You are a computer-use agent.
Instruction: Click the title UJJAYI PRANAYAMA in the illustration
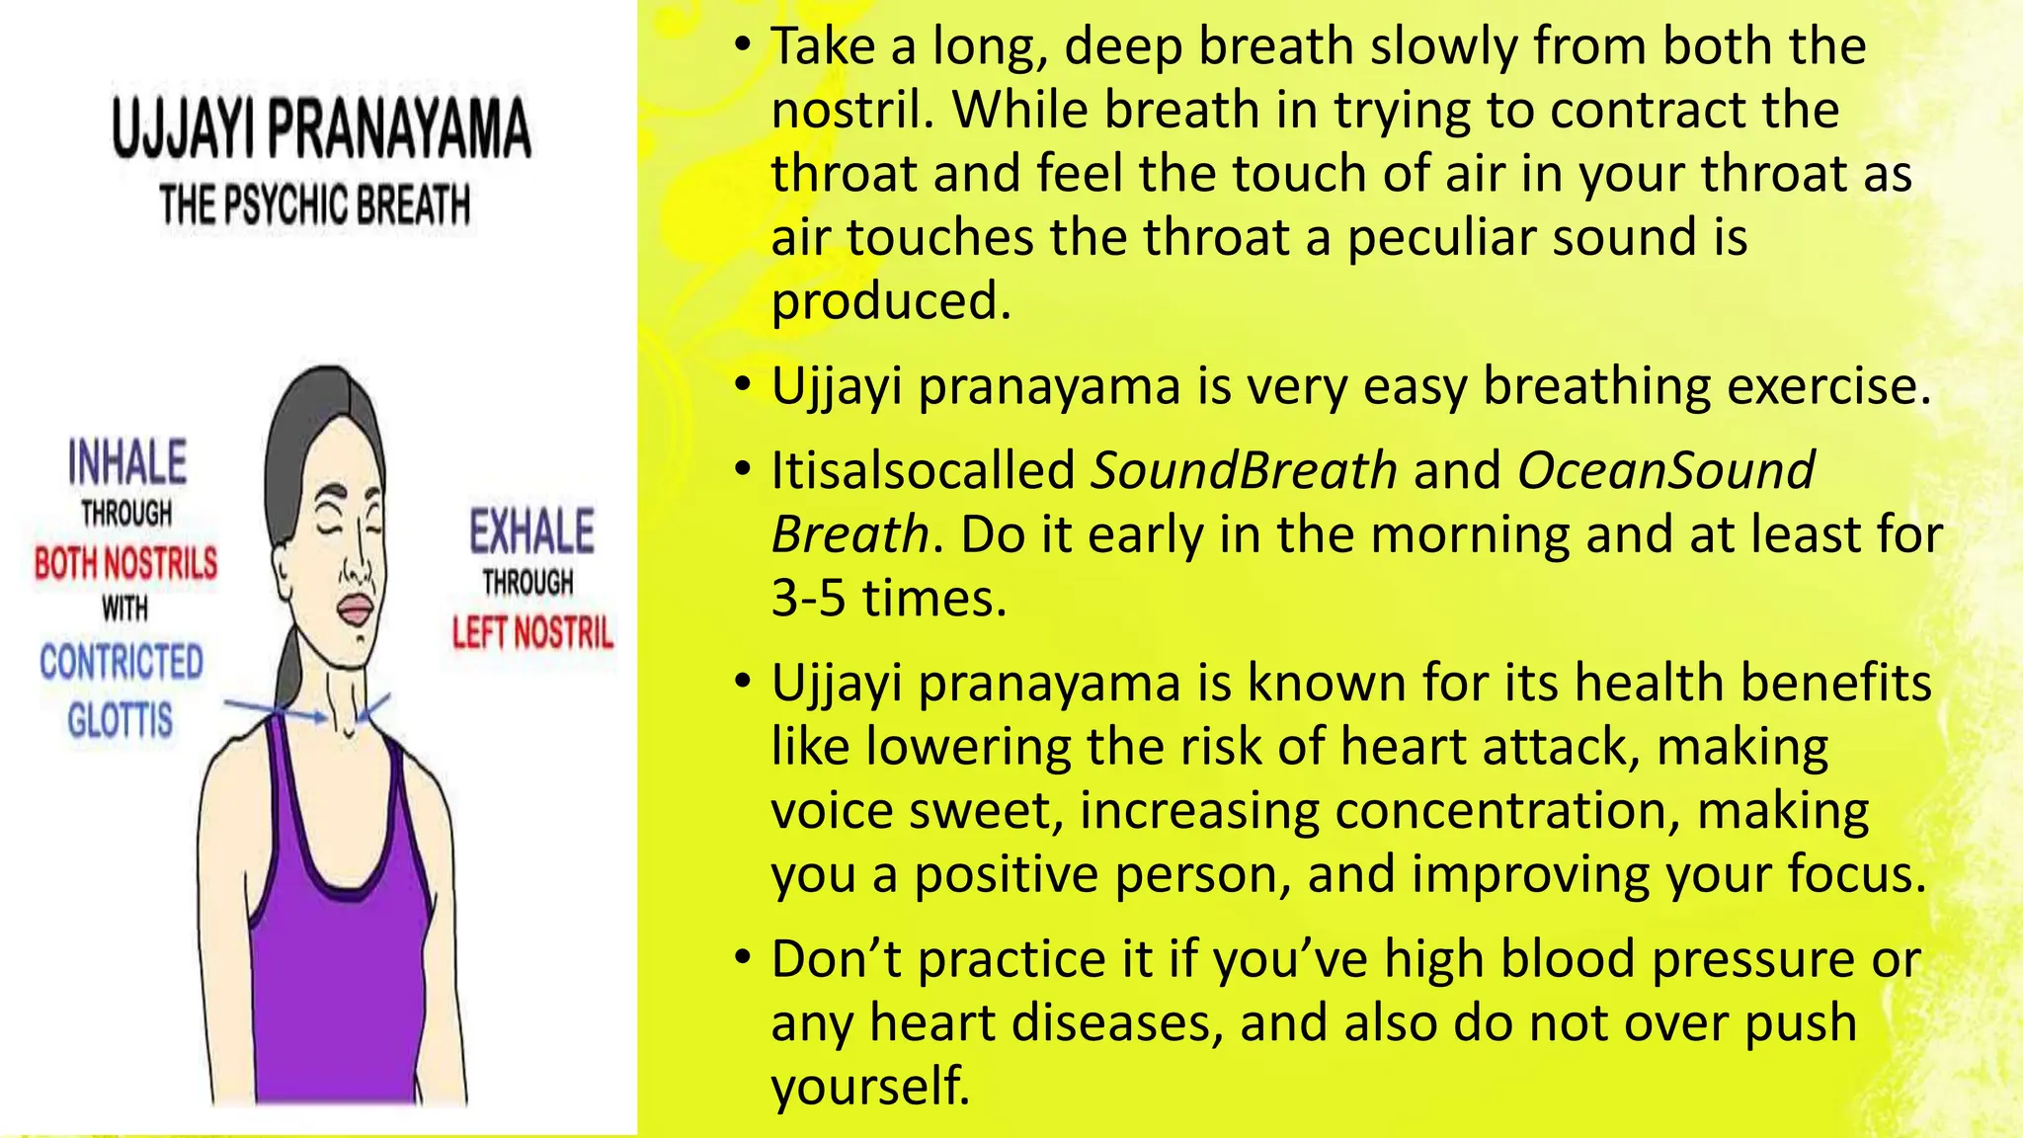coord(321,128)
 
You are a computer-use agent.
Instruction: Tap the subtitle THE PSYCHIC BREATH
coord(315,205)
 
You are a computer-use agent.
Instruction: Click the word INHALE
coord(127,462)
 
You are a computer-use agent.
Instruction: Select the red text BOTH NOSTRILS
coord(125,563)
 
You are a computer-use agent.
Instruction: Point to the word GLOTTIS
coord(121,719)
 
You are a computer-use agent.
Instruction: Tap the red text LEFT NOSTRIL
coord(532,632)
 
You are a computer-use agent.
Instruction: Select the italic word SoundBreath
coord(1244,470)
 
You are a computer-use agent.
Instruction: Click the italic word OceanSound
coord(1665,470)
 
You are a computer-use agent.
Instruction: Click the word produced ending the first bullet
coord(890,300)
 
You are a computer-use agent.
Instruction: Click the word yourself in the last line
coord(869,1086)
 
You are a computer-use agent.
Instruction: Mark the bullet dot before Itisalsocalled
coord(743,470)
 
